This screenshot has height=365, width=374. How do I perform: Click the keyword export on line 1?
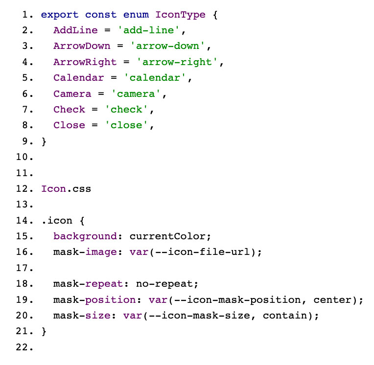[59, 15]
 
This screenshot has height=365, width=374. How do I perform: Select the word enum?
[136, 15]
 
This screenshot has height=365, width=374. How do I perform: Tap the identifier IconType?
[180, 15]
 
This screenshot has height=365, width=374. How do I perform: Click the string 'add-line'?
[148, 30]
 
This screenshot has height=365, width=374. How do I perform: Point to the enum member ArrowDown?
[82, 46]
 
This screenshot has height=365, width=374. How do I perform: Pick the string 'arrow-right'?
[177, 62]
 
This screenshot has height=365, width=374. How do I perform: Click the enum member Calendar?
[79, 78]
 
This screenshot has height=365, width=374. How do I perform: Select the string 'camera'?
[136, 93]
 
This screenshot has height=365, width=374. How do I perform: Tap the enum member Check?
[69, 110]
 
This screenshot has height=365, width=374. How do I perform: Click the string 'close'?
[126, 125]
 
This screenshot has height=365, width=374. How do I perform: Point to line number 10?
[24, 157]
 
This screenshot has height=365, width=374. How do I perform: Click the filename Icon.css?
[66, 189]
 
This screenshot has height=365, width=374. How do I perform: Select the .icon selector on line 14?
[57, 221]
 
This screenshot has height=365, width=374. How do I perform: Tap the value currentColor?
[167, 236]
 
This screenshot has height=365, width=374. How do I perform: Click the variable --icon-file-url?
[203, 252]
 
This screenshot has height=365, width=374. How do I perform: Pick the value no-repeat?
[164, 284]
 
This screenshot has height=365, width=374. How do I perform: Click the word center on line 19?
[332, 300]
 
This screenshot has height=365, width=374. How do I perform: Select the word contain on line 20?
[285, 316]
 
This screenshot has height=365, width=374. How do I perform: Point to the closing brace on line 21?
[44, 332]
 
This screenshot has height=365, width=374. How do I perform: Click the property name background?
[85, 236]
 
